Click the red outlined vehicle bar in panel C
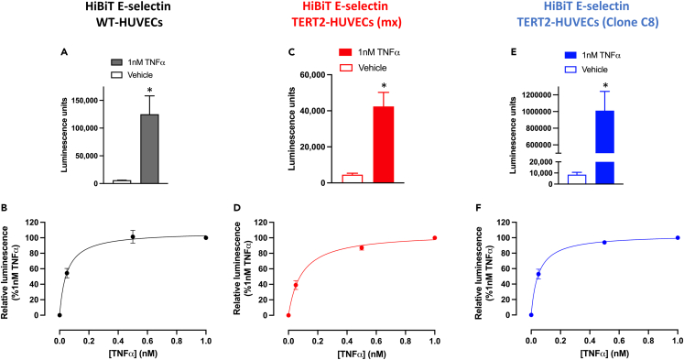tap(353, 179)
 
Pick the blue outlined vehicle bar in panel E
tap(577, 179)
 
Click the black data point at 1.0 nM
tap(206, 237)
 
